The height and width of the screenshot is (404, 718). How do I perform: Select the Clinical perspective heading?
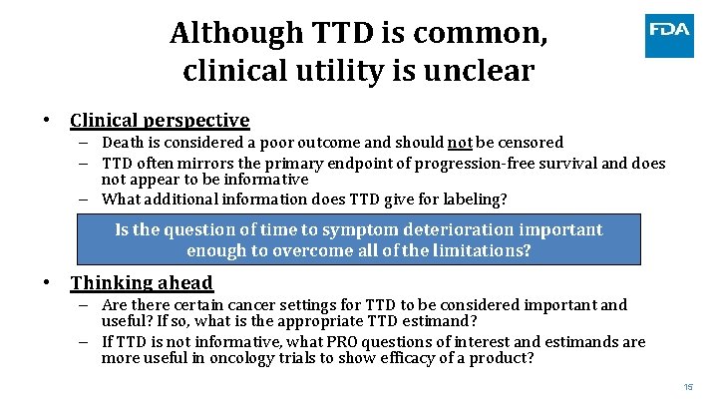coord(160,120)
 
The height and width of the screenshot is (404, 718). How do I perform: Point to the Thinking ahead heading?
coord(142,283)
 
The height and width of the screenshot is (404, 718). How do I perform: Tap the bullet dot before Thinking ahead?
coord(47,283)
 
